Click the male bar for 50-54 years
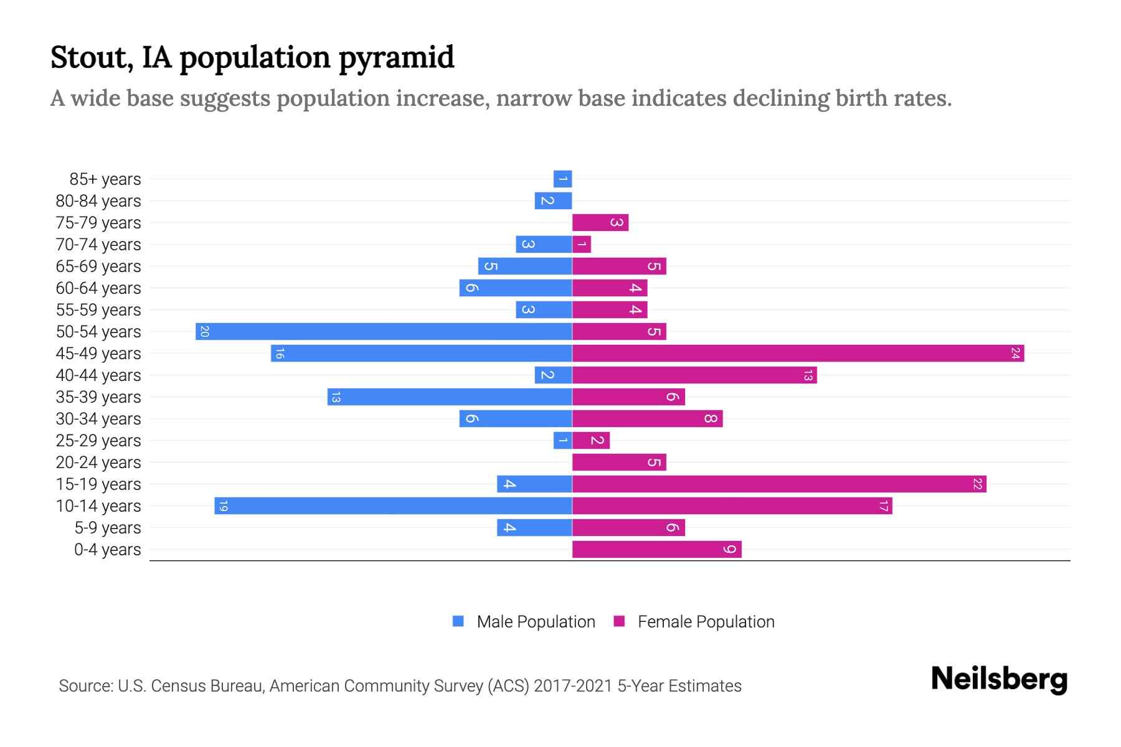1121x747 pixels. [384, 331]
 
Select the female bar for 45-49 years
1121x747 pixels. [798, 354]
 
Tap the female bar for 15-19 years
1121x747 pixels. [778, 484]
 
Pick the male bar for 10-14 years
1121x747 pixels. [393, 506]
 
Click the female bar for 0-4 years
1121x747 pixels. [656, 550]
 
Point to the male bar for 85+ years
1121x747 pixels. [562, 179]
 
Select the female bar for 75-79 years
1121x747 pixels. [600, 223]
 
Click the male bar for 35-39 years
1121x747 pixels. [450, 397]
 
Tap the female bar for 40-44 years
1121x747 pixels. [694, 375]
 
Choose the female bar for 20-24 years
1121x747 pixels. [619, 463]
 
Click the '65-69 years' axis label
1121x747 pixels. [98, 266]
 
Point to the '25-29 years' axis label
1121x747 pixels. [98, 441]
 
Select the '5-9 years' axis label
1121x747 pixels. [108, 528]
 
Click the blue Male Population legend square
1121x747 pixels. [458, 621]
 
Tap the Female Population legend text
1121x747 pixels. [706, 622]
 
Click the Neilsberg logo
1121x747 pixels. [999, 679]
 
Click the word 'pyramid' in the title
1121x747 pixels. [397, 58]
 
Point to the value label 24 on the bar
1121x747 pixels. [1015, 354]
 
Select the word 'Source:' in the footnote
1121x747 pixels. [85, 686]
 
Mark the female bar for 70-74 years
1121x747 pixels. [581, 245]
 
